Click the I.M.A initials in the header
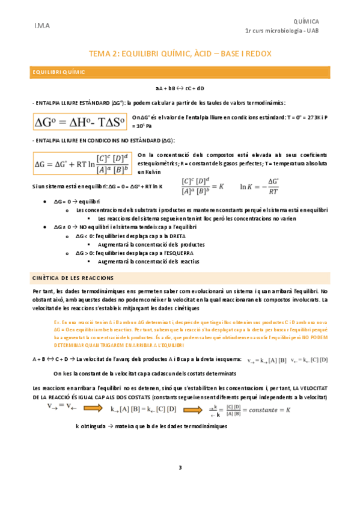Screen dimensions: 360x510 coord(42,26)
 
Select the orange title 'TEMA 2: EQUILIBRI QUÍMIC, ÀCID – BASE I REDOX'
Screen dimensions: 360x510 coord(180,54)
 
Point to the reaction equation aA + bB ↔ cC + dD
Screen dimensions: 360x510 coord(180,88)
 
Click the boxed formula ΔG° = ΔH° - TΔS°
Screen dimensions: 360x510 coord(79,123)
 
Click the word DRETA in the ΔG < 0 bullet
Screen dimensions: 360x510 coord(173,236)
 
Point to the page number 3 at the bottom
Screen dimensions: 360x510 coord(180,467)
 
